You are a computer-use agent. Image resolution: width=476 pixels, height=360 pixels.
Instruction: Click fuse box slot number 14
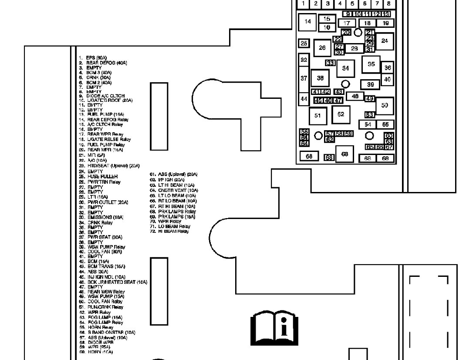(308, 21)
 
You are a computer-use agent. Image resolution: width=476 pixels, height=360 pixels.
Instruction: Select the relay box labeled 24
(385, 41)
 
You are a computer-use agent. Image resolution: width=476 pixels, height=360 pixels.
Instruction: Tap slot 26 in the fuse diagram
(322, 48)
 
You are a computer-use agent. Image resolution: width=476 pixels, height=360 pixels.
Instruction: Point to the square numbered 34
(346, 68)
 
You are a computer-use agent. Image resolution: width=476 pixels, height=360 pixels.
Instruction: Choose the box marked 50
(384, 105)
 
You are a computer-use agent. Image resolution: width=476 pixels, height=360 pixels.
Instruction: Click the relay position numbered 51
(318, 115)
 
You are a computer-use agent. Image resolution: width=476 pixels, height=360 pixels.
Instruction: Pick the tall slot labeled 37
(304, 78)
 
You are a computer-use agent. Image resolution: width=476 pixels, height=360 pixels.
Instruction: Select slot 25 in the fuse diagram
(304, 43)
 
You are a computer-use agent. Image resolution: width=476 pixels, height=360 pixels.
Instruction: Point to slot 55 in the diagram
(385, 124)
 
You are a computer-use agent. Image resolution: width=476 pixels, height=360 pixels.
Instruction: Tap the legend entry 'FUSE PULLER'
(96, 176)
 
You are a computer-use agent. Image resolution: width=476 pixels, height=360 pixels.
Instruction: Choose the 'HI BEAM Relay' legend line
(169, 231)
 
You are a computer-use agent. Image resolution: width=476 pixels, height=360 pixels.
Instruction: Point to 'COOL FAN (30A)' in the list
(100, 251)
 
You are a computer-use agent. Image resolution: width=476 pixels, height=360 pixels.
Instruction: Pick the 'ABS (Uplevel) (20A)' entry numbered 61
(174, 174)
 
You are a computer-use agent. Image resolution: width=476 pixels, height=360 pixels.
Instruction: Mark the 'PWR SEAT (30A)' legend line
(100, 237)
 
